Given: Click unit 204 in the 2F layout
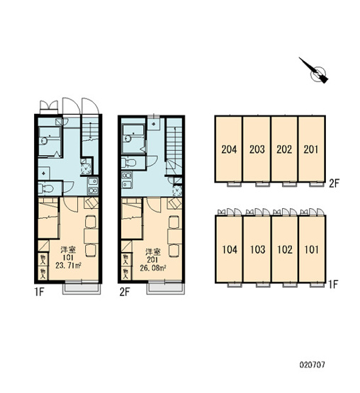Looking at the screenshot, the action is (229, 149).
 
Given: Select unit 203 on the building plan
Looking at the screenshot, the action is (257, 149).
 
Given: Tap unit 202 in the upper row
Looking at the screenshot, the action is (284, 149).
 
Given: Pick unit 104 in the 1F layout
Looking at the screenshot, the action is (230, 249).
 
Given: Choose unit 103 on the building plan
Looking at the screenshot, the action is (257, 249).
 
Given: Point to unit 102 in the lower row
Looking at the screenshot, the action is (285, 249).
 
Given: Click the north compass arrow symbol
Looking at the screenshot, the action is (314, 71).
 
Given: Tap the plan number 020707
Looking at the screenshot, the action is (312, 365).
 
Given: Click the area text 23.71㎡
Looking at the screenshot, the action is (68, 266).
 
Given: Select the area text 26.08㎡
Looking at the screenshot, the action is (153, 268).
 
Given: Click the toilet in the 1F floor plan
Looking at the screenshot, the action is (45, 188).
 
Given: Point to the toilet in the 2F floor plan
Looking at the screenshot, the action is (129, 163).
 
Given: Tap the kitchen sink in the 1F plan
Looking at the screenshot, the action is (93, 186).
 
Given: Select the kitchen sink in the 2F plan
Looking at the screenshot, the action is (127, 180).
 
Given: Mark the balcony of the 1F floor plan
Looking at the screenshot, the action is (81, 288).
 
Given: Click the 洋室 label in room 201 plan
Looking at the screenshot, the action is (153, 251).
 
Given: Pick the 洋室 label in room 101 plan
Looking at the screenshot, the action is (68, 250).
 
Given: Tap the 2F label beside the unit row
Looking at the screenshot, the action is (334, 183).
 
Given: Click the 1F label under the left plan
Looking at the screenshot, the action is (40, 292).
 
